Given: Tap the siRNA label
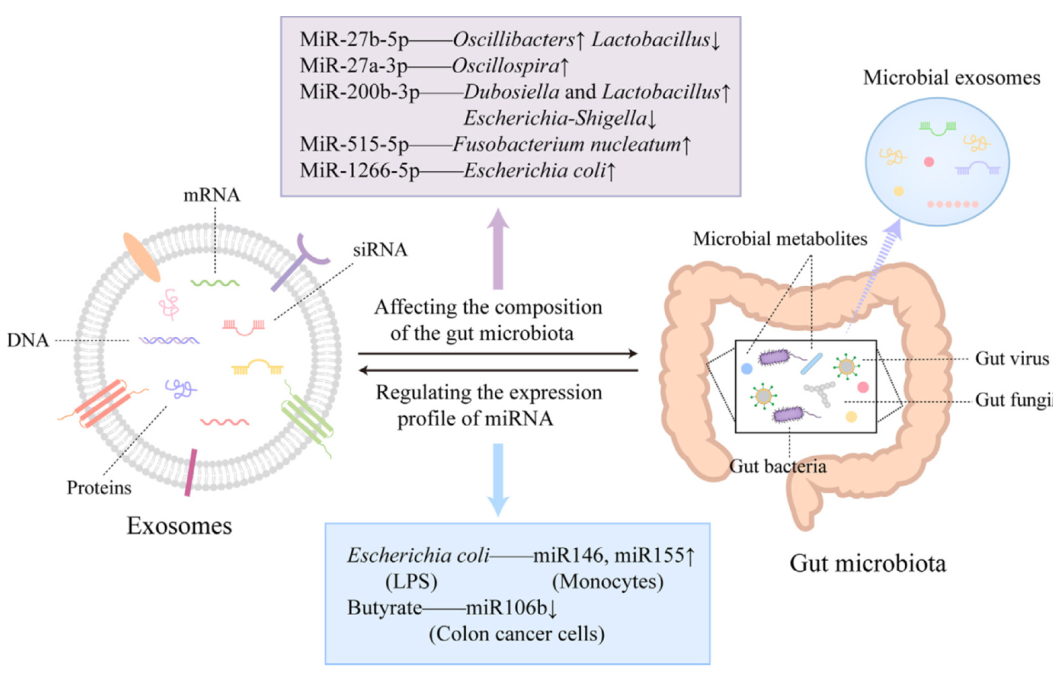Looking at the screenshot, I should [380, 250].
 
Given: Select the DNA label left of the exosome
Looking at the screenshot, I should [28, 341].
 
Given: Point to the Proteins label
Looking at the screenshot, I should [99, 488].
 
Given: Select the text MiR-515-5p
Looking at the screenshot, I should [354, 144].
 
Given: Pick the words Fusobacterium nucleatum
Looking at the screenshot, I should [567, 144].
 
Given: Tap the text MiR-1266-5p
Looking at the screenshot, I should [359, 171].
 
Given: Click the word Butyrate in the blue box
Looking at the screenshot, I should [384, 608].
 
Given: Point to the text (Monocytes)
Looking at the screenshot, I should [608, 582].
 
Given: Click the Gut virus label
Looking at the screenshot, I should [1011, 359].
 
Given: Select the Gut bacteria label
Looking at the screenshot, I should [778, 467].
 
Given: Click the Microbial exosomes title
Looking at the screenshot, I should [951, 78].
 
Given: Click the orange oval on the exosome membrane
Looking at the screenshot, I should [141, 257].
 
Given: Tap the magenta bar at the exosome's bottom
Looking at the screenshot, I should [191, 472].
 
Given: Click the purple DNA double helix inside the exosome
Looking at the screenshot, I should [169, 340].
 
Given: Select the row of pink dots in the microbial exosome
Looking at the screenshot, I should [952, 204].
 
